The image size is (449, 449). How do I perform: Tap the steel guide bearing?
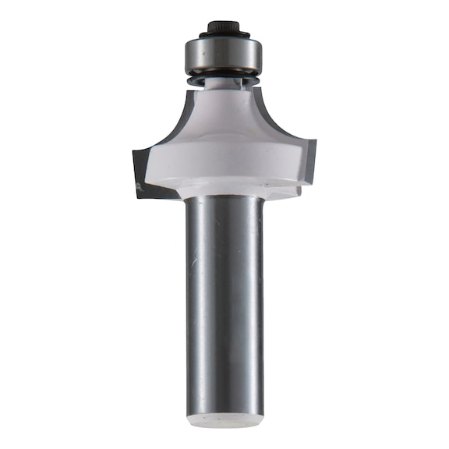[x=224, y=55]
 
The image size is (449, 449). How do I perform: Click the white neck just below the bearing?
[x=224, y=92]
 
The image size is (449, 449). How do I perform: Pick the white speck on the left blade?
[x=139, y=186]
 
